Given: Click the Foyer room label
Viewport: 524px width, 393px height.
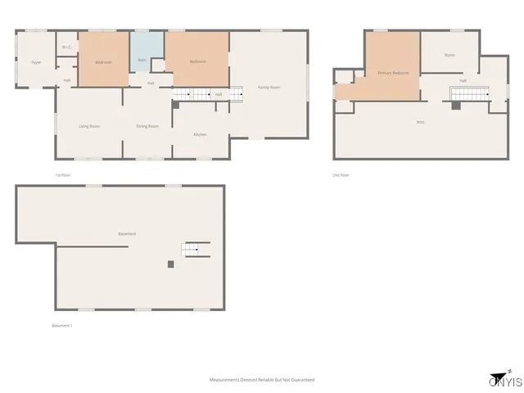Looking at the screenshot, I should [x=36, y=62].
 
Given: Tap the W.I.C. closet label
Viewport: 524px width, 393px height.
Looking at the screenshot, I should [x=66, y=47].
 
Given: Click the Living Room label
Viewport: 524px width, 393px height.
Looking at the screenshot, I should [x=88, y=126].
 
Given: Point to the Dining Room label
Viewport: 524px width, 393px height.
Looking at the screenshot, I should [x=147, y=126].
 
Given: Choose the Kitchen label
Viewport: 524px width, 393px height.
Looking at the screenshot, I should [x=200, y=134].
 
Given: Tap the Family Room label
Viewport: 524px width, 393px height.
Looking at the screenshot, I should [x=269, y=87].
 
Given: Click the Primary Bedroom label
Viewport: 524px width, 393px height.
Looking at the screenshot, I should [x=393, y=73].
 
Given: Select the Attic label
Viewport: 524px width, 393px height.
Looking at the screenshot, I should [x=420, y=122].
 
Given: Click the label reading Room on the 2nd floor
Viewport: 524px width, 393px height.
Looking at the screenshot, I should [x=449, y=55].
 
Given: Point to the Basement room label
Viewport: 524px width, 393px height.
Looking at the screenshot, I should [x=127, y=234].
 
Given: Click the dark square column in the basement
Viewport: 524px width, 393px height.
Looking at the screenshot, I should [x=170, y=264].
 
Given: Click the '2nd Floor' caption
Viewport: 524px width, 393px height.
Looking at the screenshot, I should [x=341, y=175].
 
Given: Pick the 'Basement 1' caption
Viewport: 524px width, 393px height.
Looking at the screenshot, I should [x=63, y=326].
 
